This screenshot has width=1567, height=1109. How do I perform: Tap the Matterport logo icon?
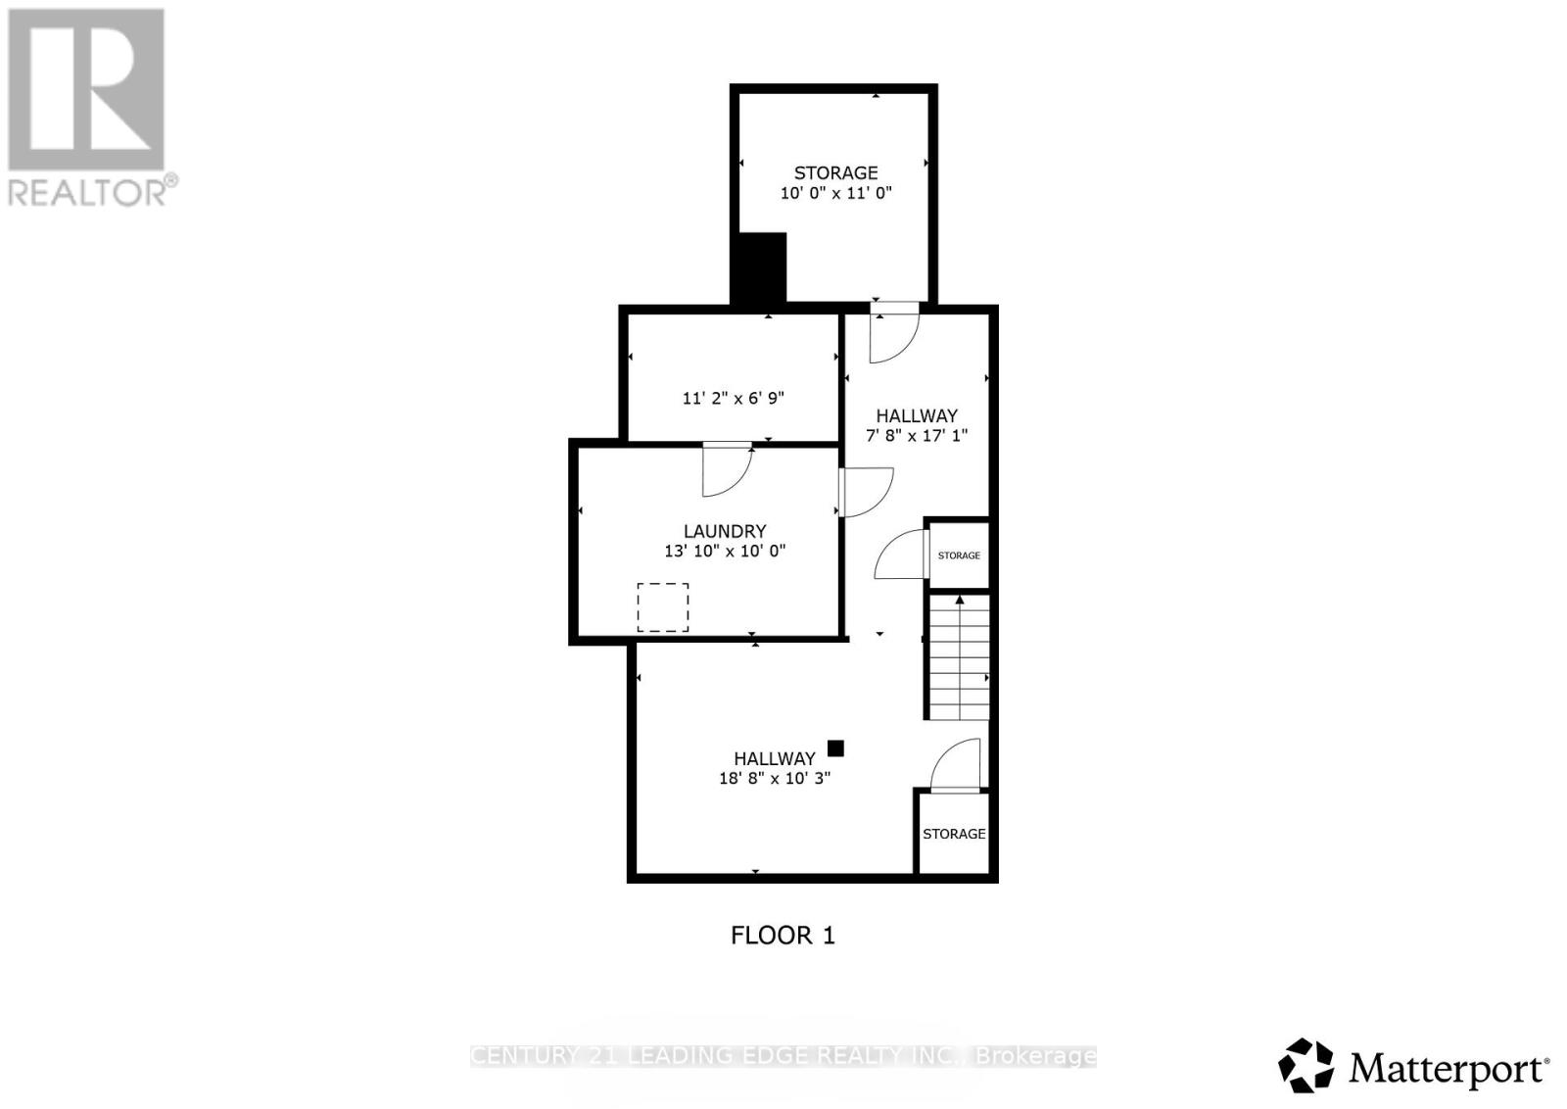tap(1306, 1065)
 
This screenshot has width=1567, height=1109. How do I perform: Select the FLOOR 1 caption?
tap(783, 936)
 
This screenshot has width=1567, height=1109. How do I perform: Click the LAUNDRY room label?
tap(725, 531)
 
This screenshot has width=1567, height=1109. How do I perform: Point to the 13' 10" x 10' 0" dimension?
tap(725, 552)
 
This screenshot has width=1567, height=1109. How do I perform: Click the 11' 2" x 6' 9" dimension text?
tap(733, 399)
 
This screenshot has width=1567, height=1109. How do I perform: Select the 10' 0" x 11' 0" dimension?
tap(835, 193)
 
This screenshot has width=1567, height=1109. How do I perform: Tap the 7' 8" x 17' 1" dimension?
tap(917, 435)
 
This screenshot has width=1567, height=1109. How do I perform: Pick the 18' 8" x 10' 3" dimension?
tap(774, 779)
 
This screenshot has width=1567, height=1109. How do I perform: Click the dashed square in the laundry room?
tap(663, 607)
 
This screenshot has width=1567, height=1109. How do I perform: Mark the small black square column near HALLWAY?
tap(835, 748)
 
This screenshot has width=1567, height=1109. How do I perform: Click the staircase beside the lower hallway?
tap(960, 658)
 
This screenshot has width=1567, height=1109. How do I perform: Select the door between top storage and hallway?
tap(894, 331)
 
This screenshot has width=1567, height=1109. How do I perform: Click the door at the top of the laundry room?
tap(727, 468)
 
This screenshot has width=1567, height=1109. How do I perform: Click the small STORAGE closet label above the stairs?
tap(959, 555)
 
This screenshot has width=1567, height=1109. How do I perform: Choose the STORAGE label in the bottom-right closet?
tap(954, 834)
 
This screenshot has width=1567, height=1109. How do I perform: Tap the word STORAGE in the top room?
tap(835, 172)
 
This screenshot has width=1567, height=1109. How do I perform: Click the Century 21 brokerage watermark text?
tap(783, 1056)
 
